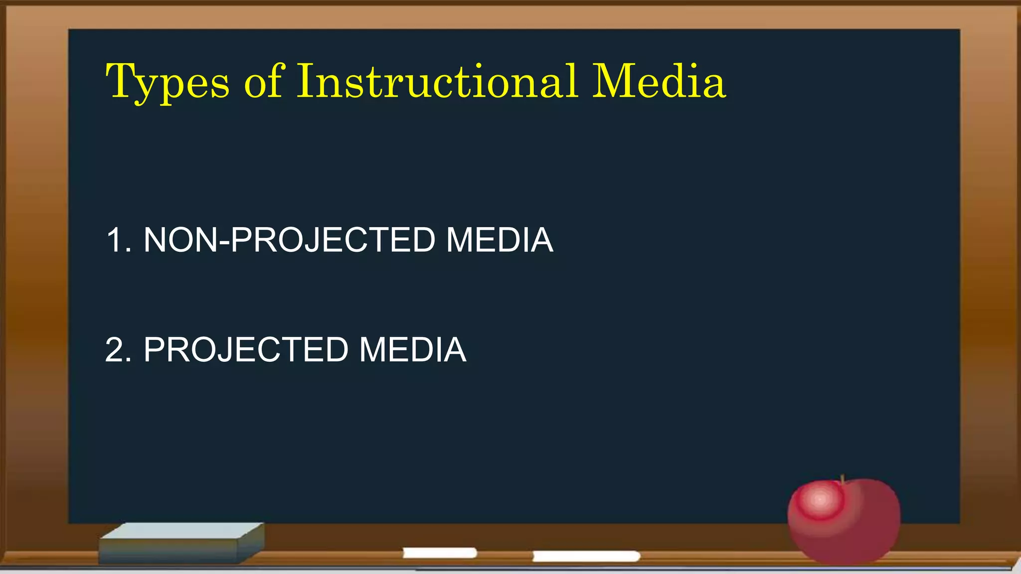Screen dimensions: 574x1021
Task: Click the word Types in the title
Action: [168, 82]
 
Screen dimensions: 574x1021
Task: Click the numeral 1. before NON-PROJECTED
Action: [119, 240]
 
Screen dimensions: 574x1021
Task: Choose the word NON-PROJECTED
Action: [290, 240]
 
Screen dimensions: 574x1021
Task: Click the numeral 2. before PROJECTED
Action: [119, 350]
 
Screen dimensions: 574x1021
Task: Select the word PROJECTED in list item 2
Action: [246, 350]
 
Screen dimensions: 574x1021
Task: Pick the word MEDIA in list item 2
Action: [413, 350]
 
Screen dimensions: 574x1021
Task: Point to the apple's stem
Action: [843, 479]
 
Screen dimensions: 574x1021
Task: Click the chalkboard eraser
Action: [181, 543]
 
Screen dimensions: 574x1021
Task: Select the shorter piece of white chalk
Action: [440, 553]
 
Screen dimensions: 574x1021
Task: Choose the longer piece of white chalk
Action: [586, 556]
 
